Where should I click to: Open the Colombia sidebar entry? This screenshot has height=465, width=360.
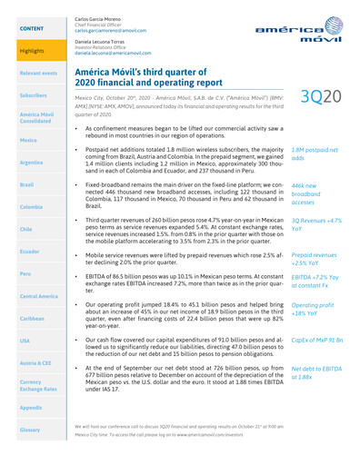point(31,206)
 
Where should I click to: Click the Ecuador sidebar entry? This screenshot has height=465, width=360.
point(30,250)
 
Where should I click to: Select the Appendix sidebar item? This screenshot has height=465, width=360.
point(31,408)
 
